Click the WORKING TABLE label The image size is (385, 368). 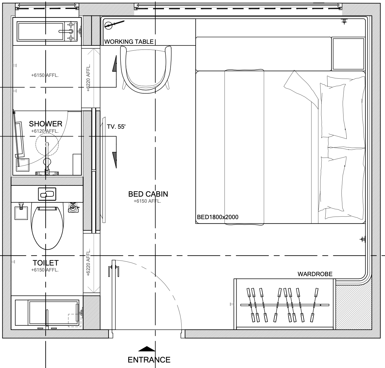[x=129, y=42]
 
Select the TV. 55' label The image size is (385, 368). [x=116, y=127]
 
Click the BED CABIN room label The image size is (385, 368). [x=148, y=194]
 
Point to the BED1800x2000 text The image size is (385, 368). [x=218, y=217]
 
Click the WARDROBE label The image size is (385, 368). [x=315, y=274]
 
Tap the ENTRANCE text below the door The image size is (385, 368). [x=149, y=360]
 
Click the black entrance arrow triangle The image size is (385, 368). [x=147, y=349]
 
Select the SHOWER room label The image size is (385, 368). [x=46, y=124]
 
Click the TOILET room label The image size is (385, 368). [x=46, y=263]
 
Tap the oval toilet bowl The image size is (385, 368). [x=47, y=227]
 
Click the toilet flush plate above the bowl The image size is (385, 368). [x=47, y=194]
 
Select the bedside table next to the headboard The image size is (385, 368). [x=348, y=54]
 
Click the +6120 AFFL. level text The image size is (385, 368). [x=45, y=131]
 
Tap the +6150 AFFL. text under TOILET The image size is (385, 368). [x=45, y=270]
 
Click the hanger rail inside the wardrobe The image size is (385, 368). [x=284, y=304]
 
